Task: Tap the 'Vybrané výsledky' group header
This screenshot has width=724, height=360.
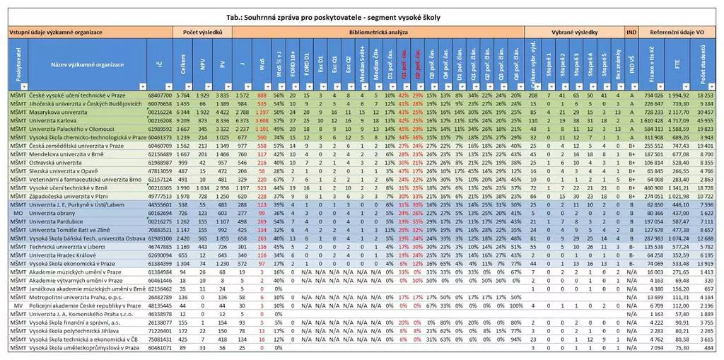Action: click(575, 33)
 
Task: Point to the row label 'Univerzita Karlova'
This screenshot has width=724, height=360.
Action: click(56, 121)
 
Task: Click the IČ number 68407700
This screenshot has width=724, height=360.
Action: click(159, 94)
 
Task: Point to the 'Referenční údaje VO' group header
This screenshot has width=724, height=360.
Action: click(677, 33)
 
